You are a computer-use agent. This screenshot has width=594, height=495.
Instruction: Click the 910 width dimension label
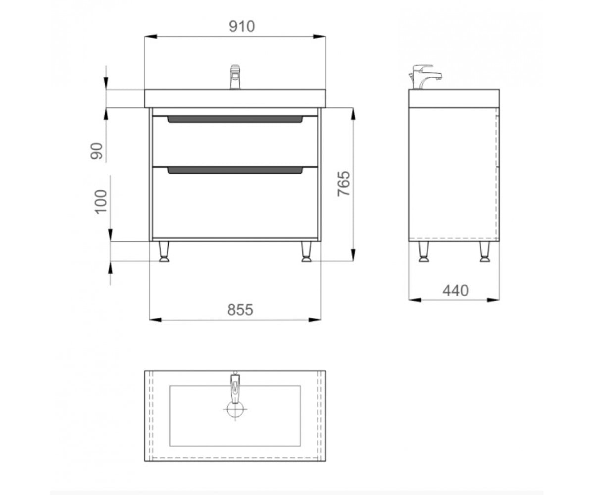242,26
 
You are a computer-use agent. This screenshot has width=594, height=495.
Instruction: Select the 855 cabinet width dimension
240,310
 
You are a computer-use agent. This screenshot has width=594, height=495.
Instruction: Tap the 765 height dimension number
344,184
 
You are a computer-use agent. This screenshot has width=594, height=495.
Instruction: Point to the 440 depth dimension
455,291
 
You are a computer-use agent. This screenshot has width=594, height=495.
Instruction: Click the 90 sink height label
97,151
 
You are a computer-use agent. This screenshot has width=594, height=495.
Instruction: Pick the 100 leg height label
100,201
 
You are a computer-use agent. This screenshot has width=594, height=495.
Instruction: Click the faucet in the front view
235,77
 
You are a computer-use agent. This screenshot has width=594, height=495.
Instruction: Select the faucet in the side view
425,77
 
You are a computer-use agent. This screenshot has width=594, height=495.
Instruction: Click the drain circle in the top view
235,409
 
